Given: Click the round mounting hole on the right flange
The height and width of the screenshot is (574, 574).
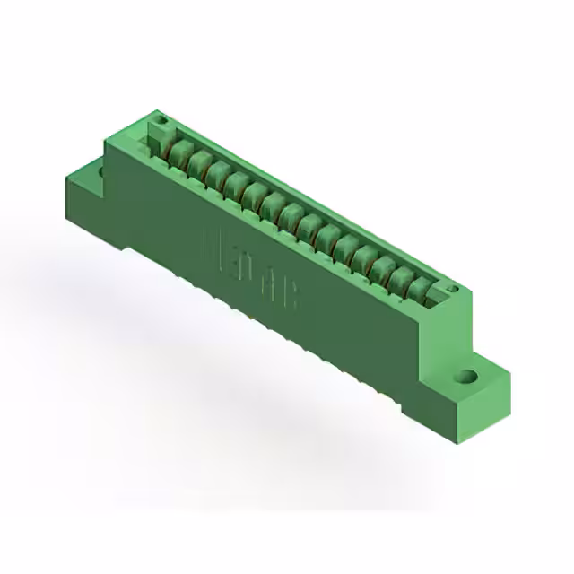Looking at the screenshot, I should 466,378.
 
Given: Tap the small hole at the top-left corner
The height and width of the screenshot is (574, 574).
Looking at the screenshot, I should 162,119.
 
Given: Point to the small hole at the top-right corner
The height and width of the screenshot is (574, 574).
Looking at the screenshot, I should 453,289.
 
